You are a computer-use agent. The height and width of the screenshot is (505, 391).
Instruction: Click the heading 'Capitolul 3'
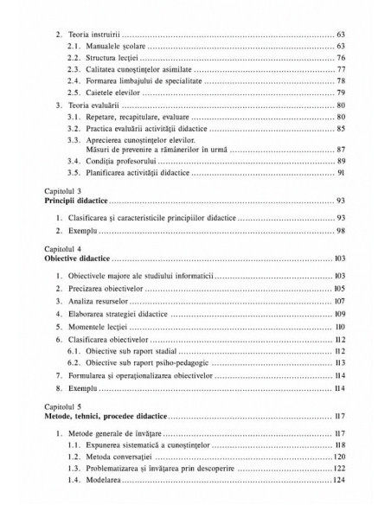tap(51, 189)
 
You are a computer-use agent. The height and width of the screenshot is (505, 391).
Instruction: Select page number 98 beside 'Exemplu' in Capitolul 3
tap(342, 231)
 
